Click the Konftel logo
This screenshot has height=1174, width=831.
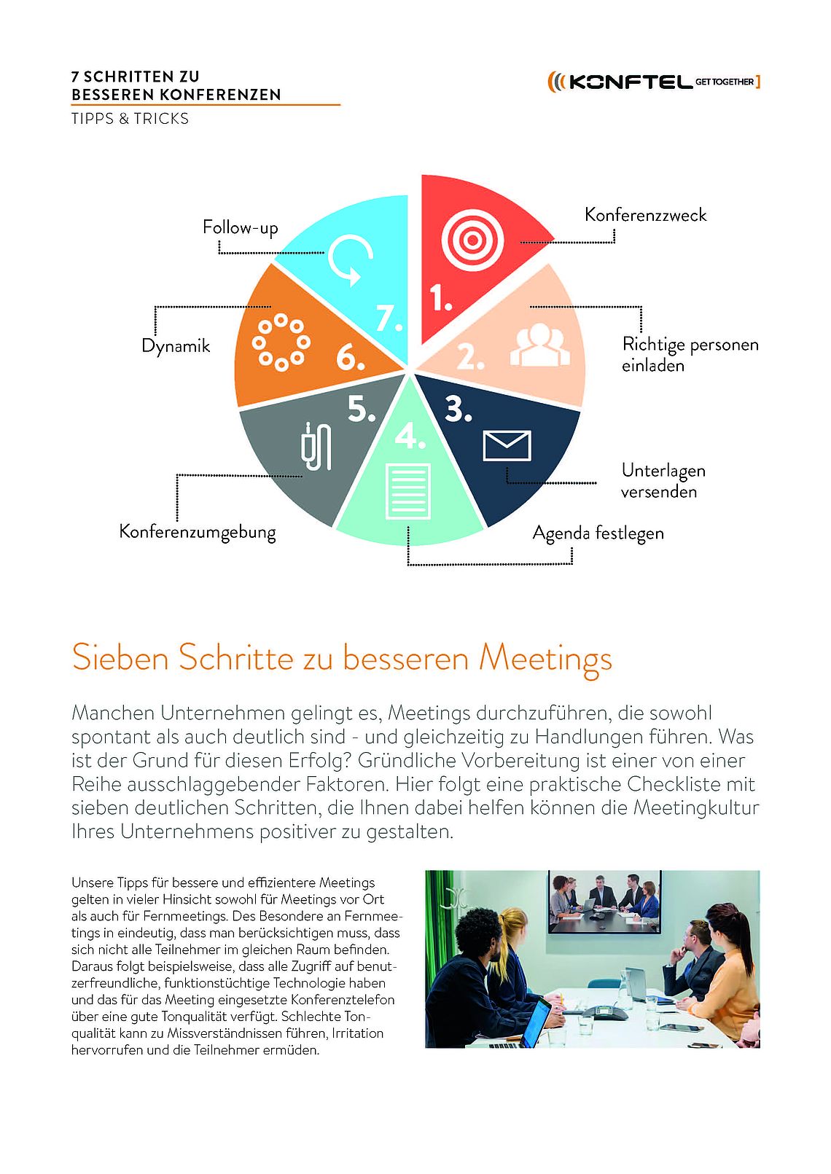[x=653, y=82]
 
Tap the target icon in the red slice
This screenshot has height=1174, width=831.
[x=472, y=240]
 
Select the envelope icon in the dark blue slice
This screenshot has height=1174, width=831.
[x=507, y=446]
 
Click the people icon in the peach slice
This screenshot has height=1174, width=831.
[x=539, y=345]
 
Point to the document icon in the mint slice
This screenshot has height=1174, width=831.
[x=408, y=490]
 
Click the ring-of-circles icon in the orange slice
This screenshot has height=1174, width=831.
[x=281, y=343]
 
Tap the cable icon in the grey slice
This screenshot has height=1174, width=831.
[x=316, y=446]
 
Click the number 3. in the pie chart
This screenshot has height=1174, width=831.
[x=459, y=410]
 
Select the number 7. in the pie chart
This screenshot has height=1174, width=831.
[x=389, y=318]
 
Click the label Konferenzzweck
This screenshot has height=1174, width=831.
[x=645, y=215]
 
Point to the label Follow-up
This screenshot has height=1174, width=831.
[x=240, y=227]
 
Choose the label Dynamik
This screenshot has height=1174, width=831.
[x=176, y=345]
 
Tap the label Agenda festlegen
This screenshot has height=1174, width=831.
[x=598, y=533]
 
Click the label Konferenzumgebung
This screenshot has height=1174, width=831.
[x=198, y=531]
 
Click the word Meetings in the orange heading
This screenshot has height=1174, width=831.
[x=545, y=659]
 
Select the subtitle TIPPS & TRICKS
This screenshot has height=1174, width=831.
[x=130, y=119]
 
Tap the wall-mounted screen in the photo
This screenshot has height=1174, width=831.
[x=604, y=902]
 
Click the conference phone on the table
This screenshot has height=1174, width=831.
[x=604, y=1012]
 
